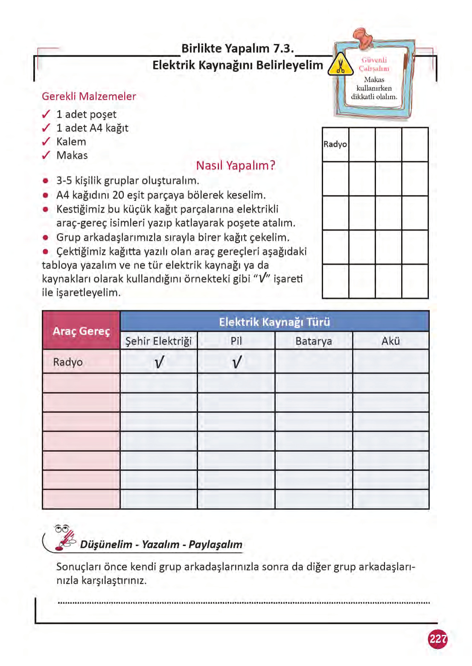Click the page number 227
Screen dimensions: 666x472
[437, 639]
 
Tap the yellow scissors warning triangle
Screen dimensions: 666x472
[340, 65]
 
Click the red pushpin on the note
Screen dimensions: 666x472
[363, 38]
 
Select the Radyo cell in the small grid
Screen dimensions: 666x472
[335, 144]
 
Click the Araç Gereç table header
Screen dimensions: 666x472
[81, 331]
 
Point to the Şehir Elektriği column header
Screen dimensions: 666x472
[159, 341]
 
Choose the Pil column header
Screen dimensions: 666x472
[236, 341]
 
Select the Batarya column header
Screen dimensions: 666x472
[314, 341]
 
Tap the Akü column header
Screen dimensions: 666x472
[390, 341]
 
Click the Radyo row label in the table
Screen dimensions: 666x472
[68, 362]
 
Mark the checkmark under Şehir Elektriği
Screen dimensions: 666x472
[159, 362]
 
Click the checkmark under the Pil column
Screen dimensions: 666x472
[236, 362]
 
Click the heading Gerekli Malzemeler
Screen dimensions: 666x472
[89, 96]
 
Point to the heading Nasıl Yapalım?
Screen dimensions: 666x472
[236, 165]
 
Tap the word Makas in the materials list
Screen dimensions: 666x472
[72, 155]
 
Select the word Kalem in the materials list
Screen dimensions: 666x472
[71, 142]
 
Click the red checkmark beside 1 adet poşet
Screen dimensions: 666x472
[46, 114]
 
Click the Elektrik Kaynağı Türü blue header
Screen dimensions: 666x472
[274, 322]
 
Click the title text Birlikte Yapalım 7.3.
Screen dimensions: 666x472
[238, 49]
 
